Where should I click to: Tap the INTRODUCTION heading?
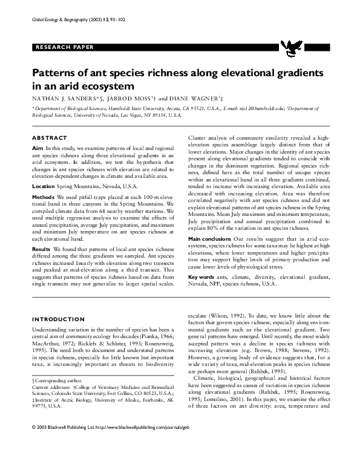tap(54, 319)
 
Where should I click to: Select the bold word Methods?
tap(42, 198)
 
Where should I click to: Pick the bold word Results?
tap(41, 249)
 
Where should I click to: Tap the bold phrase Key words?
tap(201, 276)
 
